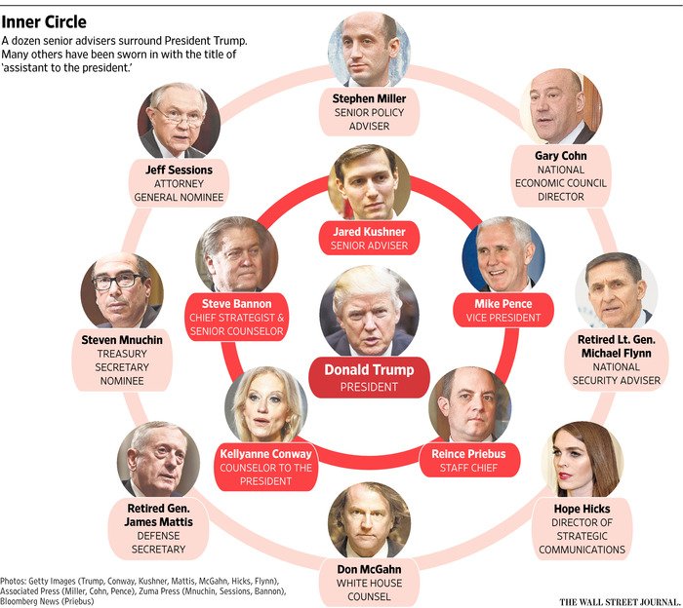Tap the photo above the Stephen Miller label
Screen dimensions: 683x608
[x=369, y=50]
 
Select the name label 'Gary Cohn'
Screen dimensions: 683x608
[x=559, y=155]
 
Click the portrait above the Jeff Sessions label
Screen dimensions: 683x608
[x=179, y=121]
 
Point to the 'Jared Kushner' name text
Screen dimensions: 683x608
[x=368, y=232]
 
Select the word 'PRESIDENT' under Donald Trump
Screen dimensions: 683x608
[x=369, y=387]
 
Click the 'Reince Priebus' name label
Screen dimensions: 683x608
[x=474, y=454]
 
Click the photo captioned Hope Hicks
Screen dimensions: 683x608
[x=583, y=460]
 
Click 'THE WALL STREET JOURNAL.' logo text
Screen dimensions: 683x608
[x=619, y=588]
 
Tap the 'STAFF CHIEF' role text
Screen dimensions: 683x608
[x=474, y=470]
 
